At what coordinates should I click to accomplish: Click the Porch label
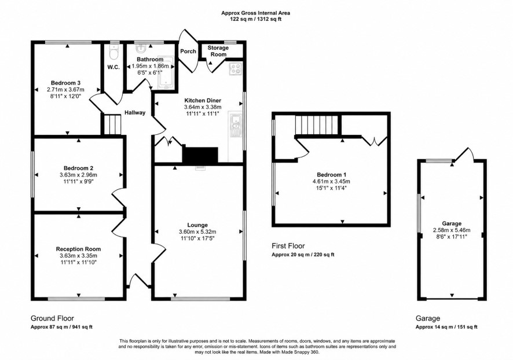188,52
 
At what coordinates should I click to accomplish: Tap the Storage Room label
218,51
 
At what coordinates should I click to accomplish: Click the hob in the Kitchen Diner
235,68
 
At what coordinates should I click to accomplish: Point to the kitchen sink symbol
236,125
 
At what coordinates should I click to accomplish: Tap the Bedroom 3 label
65,83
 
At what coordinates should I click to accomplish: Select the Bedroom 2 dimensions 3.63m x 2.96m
79,175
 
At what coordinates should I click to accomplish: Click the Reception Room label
79,249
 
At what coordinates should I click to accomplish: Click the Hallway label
135,113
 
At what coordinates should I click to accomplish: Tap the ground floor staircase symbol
113,124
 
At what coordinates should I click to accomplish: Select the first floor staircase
316,124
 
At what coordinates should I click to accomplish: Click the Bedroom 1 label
331,175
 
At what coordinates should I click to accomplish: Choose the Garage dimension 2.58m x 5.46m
452,230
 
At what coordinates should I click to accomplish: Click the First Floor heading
288,246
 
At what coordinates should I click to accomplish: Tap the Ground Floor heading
52,318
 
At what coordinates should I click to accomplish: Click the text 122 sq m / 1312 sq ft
255,19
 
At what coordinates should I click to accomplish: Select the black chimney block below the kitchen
200,155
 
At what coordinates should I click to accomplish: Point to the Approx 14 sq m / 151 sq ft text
446,327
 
